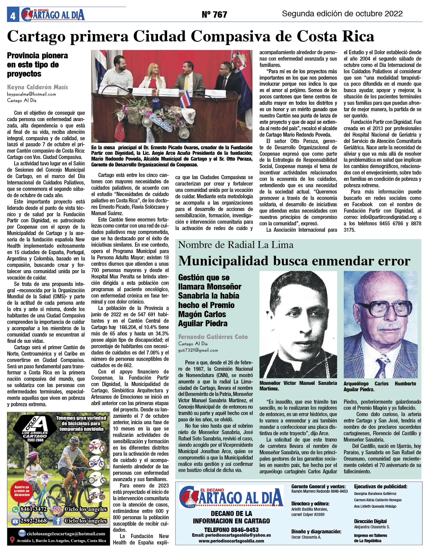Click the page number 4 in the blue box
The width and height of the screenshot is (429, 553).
13,16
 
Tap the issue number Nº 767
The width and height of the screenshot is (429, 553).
214,14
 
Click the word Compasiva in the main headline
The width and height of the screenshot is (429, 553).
230,36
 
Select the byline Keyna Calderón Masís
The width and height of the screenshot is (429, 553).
37,87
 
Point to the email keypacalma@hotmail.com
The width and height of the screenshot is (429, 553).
31,94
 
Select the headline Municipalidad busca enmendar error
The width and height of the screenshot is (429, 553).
294,261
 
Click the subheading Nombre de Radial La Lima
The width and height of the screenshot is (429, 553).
236,245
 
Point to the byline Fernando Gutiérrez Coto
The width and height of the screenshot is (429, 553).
213,337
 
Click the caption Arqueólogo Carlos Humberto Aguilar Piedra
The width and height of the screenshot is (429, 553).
380,386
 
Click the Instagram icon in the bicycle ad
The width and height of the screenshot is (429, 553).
57,509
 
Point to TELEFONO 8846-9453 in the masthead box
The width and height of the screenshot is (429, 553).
231,529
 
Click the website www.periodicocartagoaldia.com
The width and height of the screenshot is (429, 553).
231,541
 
